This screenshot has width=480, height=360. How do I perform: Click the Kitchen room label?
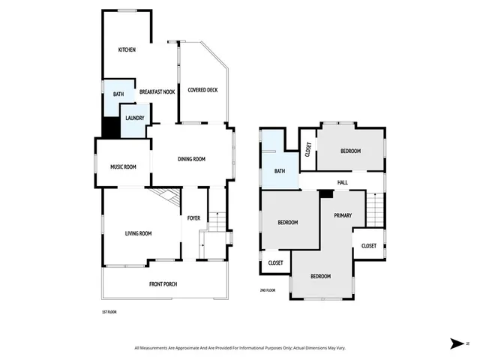pyautogui.click(x=127, y=50)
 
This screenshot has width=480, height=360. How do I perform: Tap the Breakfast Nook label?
pyautogui.click(x=157, y=91)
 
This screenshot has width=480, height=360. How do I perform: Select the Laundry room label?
pyautogui.click(x=135, y=118)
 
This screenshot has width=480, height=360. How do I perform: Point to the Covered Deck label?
pyautogui.click(x=202, y=90)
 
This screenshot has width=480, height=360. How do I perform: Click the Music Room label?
pyautogui.click(x=123, y=166)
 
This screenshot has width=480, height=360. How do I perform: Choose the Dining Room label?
pyautogui.click(x=191, y=159)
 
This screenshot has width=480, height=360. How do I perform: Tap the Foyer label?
pyautogui.click(x=193, y=219)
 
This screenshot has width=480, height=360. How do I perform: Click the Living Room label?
pyautogui.click(x=138, y=233)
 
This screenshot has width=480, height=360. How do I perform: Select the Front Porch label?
pyautogui.click(x=163, y=284)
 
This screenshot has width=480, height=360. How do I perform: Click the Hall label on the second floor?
pyautogui.click(x=343, y=182)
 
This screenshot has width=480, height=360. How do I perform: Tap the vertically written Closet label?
pyautogui.click(x=307, y=149)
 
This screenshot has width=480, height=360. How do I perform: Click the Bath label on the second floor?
pyautogui.click(x=280, y=171)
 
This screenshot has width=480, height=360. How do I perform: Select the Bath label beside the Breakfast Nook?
pyautogui.click(x=118, y=94)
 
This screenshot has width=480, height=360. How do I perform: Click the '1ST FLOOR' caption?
pyautogui.click(x=109, y=312)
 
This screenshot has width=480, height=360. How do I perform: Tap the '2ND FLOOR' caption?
pyautogui.click(x=268, y=290)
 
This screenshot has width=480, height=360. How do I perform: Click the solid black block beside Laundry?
pyautogui.click(x=110, y=127)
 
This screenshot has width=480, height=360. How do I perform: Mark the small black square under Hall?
pyautogui.click(x=325, y=193)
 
